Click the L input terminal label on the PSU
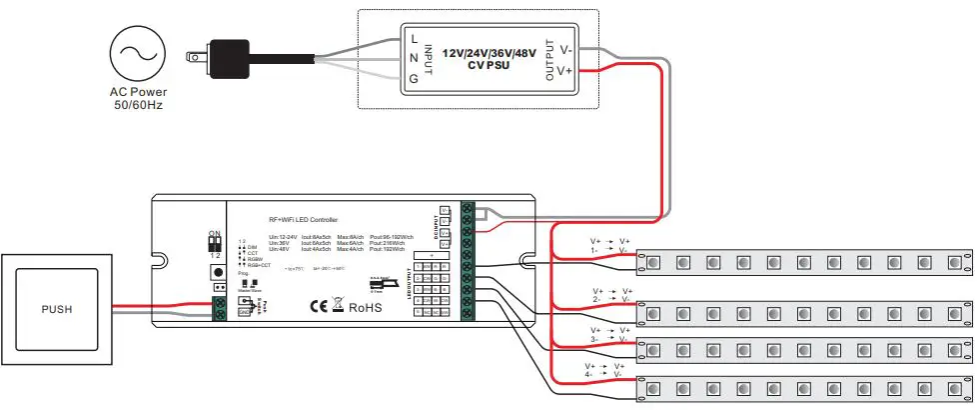point(414,38)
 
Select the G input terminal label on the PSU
point(414,77)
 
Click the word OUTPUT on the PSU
point(547,59)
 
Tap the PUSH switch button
point(56,309)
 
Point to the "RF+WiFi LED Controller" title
point(304,219)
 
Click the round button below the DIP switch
point(215,272)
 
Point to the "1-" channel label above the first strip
point(596,250)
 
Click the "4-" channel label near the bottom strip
point(591,375)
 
